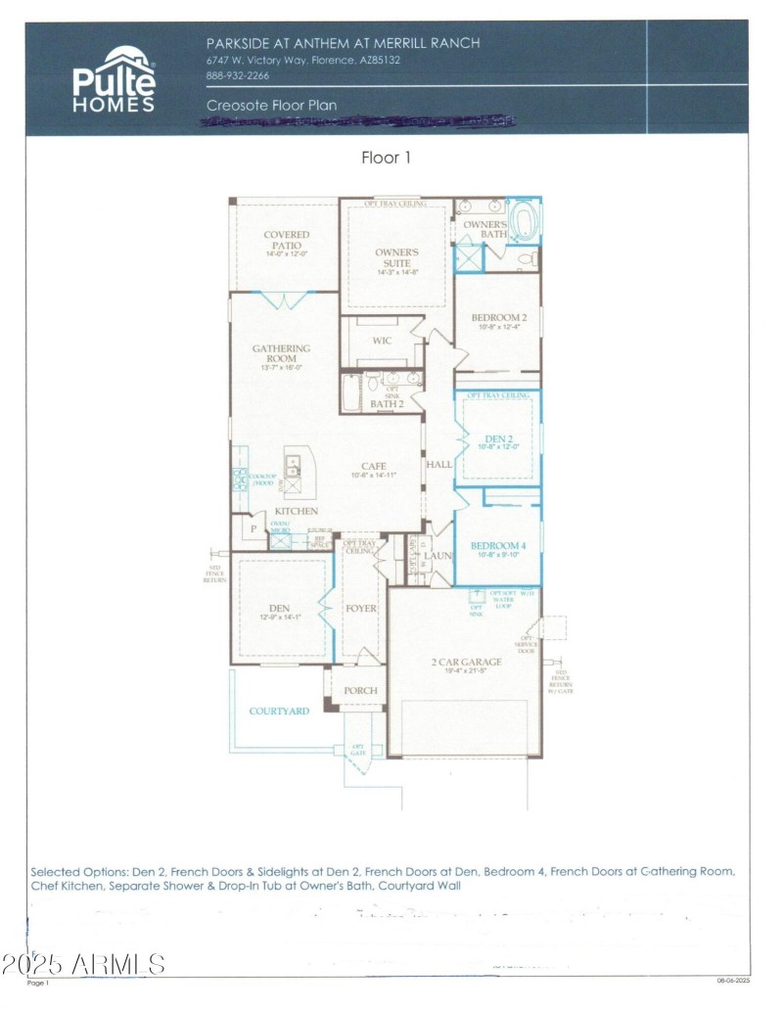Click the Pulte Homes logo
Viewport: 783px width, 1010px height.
[114, 79]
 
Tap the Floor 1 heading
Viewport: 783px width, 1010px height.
[388, 158]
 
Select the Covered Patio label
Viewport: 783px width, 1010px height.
[287, 241]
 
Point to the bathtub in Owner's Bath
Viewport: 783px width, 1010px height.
[526, 221]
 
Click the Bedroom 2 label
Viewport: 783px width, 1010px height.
[499, 318]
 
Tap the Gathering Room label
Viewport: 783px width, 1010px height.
[281, 353]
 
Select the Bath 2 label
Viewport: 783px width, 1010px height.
[387, 403]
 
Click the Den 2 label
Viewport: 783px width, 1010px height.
[498, 437]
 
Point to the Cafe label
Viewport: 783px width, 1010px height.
[374, 466]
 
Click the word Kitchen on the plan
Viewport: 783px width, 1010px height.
[296, 511]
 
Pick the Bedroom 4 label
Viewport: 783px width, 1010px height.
[498, 545]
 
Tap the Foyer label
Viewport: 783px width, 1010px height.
[361, 609]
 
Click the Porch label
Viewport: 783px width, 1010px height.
[361, 690]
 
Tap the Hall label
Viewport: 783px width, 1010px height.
[439, 464]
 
